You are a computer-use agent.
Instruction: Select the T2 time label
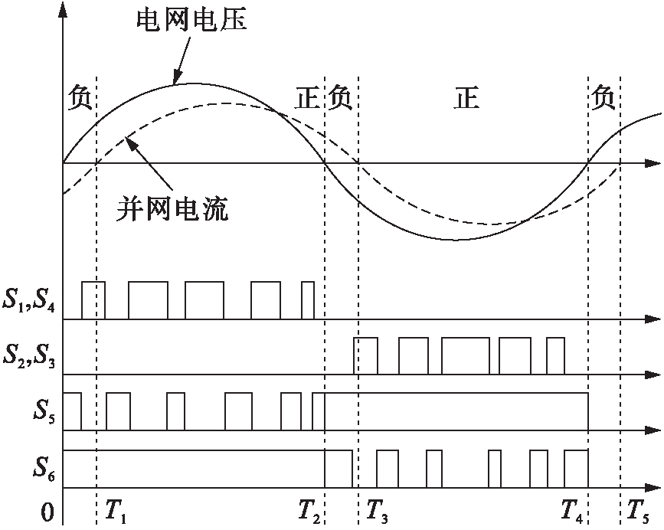[312, 510]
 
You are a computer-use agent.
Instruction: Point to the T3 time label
[377, 510]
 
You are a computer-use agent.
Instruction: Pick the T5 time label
[639, 510]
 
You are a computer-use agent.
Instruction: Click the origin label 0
[47, 512]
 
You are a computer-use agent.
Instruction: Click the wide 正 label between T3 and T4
[467, 100]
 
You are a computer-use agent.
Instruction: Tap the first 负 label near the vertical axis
[80, 100]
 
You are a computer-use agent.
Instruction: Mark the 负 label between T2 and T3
[340, 100]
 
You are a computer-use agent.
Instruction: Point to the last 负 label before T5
[603, 100]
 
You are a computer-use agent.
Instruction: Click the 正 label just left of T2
[308, 100]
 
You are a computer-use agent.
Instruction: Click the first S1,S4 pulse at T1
[93, 299]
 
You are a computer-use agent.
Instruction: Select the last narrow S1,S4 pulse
[308, 299]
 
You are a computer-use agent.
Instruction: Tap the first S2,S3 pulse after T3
[365, 355]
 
